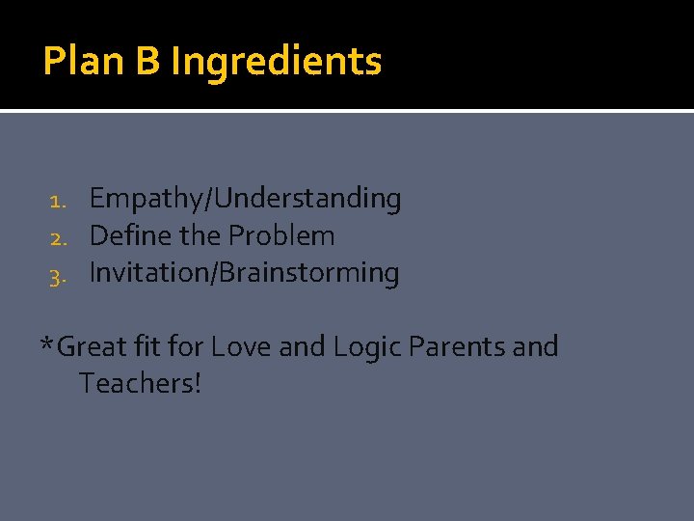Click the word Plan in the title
pyautogui.click(x=83, y=62)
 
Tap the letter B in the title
pyautogui.click(x=147, y=62)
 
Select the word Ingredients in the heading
pyautogui.click(x=277, y=62)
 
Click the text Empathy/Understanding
pyautogui.click(x=245, y=199)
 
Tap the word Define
pyautogui.click(x=125, y=235)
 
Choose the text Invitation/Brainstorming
pyautogui.click(x=244, y=273)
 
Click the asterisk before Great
pyautogui.click(x=47, y=344)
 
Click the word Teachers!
pyautogui.click(x=141, y=383)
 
